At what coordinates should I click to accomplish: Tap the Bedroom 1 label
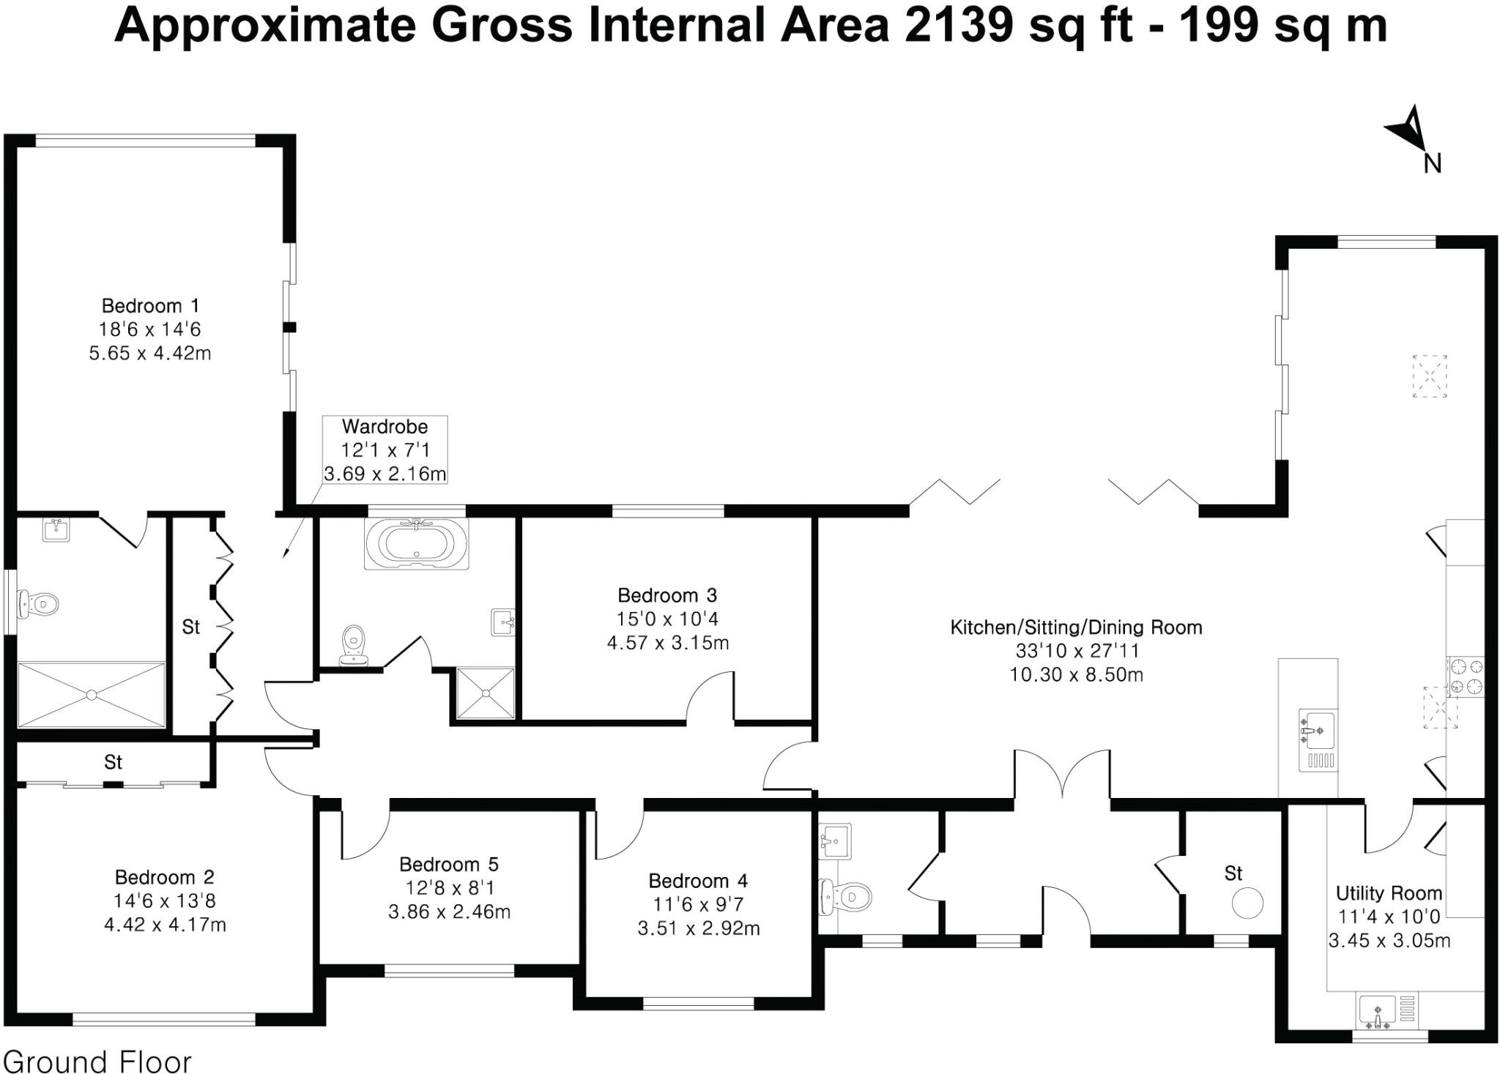[150, 305]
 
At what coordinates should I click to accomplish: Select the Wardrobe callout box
[385, 450]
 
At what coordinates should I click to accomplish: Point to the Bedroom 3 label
[667, 594]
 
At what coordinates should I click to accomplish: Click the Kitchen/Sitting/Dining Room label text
[1076, 627]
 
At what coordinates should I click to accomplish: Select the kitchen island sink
[1318, 730]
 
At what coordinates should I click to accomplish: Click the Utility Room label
[1389, 893]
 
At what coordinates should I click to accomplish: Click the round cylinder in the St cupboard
[1247, 903]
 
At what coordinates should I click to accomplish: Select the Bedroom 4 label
[698, 880]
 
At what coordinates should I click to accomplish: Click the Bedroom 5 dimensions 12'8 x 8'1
[450, 888]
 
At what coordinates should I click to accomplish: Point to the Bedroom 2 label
[165, 876]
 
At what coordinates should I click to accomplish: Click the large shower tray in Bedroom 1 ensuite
[92, 695]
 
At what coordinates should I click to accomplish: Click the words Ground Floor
[97, 1061]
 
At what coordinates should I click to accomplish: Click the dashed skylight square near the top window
[1430, 376]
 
